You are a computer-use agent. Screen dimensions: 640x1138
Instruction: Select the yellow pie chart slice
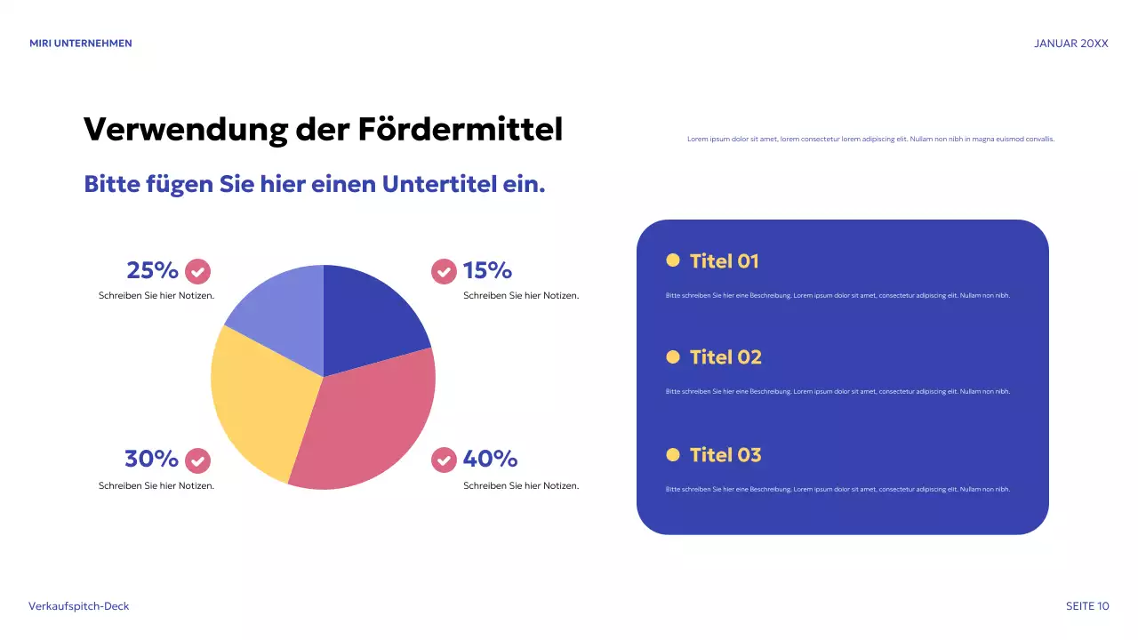pos(258,400)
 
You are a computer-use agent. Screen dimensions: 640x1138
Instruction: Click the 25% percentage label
pos(153,270)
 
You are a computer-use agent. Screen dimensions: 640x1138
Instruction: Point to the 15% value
pos(487,270)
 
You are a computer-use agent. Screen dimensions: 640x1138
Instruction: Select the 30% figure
pos(151,459)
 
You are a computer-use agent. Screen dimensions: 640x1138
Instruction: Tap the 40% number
pos(490,459)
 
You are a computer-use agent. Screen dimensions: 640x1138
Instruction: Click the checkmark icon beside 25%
pos(197,271)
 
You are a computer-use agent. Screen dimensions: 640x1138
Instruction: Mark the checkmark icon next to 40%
pos(444,460)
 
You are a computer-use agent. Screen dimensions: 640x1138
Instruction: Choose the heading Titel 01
pos(724,261)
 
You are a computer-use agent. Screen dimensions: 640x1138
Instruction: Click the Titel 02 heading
pos(725,357)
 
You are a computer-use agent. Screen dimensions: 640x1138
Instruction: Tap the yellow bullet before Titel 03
pos(673,455)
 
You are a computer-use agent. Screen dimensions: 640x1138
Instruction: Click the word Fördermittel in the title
pos(461,130)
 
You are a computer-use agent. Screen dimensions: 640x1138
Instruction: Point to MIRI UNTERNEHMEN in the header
pos(80,44)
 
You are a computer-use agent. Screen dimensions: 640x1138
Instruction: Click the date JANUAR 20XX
pos(1071,44)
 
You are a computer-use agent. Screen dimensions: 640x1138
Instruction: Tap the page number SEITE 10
pos(1087,606)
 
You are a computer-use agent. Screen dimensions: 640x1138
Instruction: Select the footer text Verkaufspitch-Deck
pos(79,606)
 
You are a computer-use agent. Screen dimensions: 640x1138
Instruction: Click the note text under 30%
pos(156,486)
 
